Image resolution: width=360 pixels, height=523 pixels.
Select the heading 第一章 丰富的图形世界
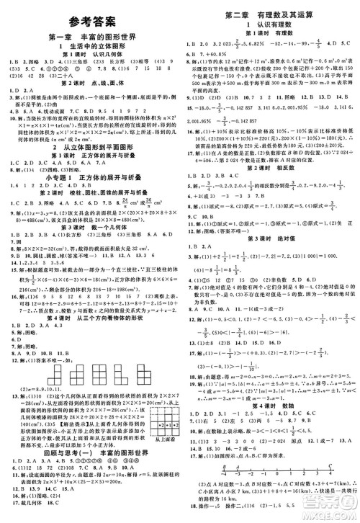(89, 37)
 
